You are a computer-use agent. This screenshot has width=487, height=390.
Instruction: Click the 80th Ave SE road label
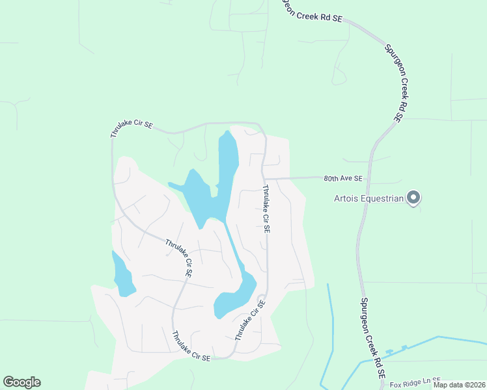click(x=342, y=178)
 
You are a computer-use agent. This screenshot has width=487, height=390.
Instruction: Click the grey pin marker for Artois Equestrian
click(x=413, y=197)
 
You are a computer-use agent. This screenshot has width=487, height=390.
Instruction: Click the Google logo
click(x=21, y=382)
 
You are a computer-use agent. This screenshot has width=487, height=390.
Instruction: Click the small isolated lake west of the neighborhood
click(x=122, y=275)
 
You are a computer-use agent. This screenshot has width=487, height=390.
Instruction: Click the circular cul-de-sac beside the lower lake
click(x=261, y=300)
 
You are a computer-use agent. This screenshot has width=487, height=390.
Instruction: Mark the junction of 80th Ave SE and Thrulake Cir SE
click(x=262, y=179)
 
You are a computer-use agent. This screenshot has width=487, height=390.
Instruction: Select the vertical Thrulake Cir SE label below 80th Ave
click(x=267, y=209)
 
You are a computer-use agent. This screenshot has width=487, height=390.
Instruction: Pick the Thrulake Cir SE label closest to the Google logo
click(x=191, y=346)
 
